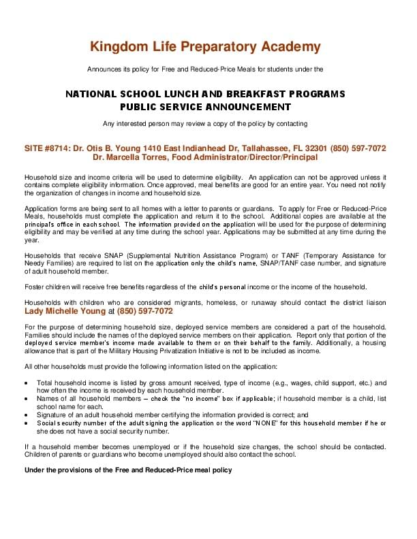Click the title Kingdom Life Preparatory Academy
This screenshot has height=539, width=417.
(205, 47)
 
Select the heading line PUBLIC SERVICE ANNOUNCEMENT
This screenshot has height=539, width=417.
(205, 107)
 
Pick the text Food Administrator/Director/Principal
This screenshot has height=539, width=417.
(243, 157)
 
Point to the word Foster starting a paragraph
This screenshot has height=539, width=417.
(35, 286)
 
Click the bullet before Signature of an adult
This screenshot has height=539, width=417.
(27, 414)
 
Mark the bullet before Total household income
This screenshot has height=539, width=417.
(27, 383)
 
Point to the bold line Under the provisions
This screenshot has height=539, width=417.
(128, 470)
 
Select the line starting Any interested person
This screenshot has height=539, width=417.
(205, 124)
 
